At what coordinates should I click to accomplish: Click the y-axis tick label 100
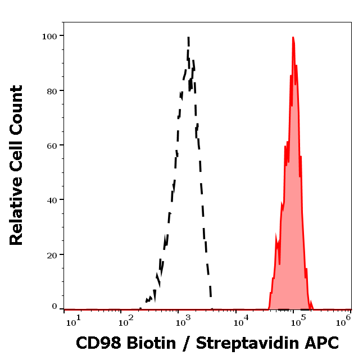coord(50,36)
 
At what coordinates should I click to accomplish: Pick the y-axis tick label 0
coord(55,307)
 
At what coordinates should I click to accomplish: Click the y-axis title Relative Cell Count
coord(16,165)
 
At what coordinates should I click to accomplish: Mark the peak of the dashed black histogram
coord(188,38)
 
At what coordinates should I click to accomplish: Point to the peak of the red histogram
coord(293,38)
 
